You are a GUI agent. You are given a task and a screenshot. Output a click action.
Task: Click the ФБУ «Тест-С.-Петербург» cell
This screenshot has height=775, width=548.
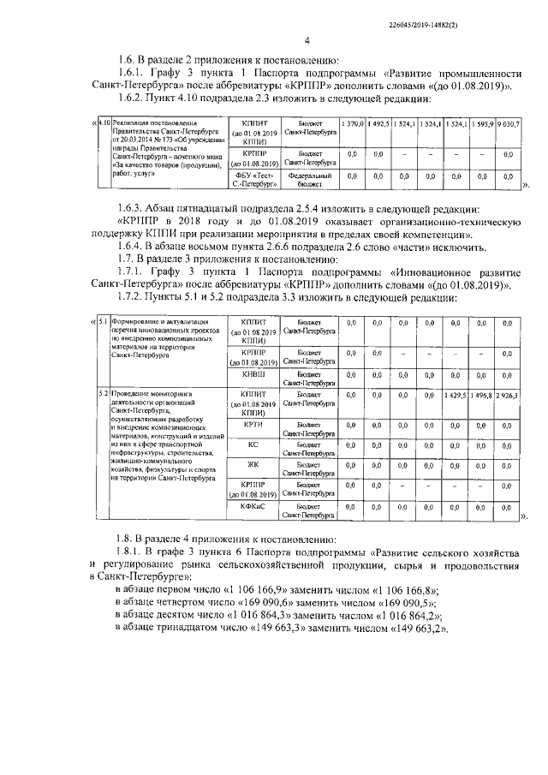pos(255,179)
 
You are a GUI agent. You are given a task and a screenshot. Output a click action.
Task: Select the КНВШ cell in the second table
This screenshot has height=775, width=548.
pos(255,374)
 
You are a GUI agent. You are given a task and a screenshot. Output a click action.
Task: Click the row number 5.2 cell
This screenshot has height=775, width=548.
pos(103,393)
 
